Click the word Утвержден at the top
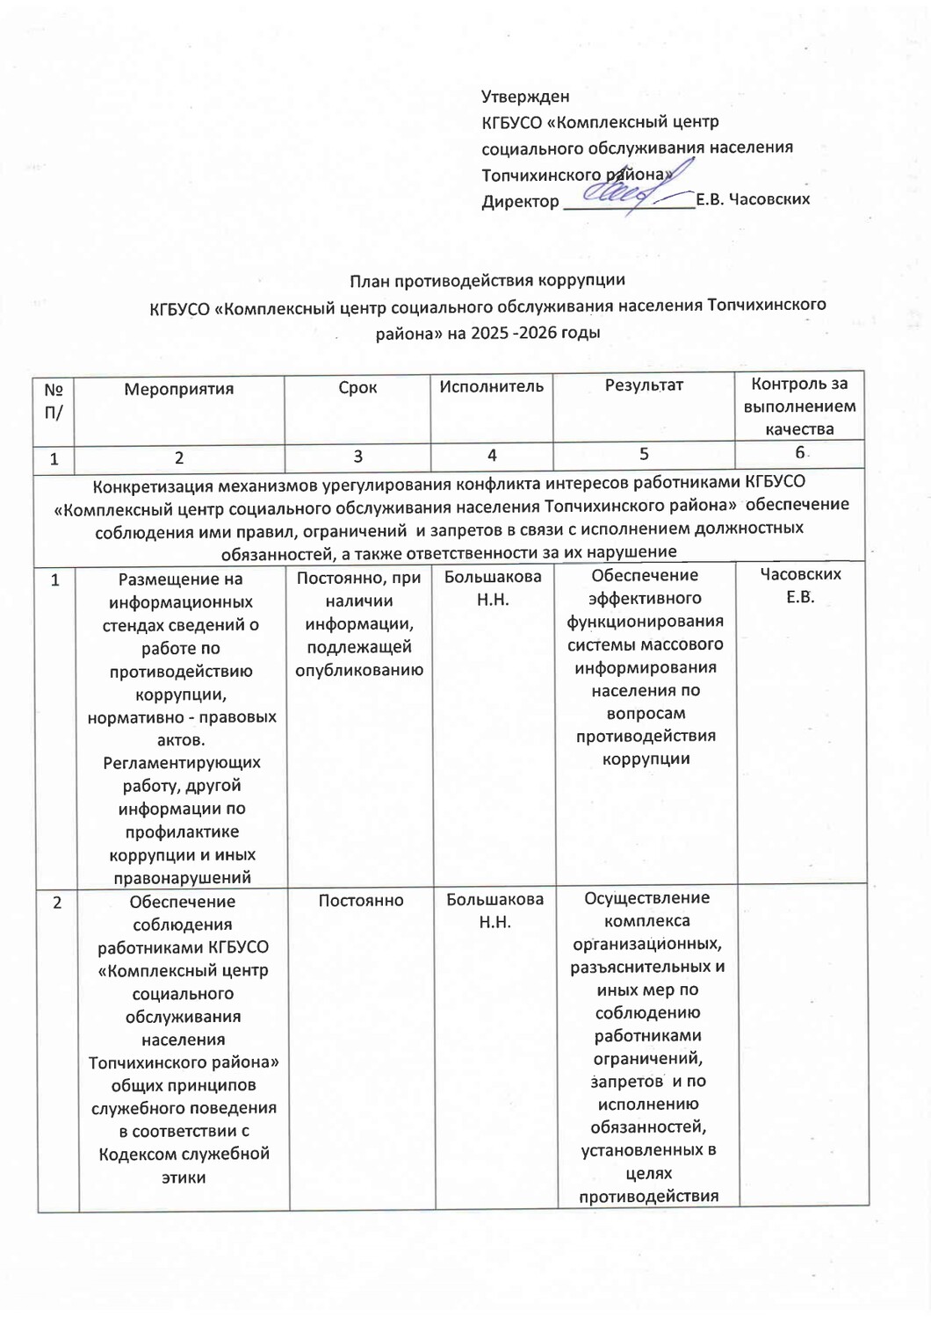pos(525,97)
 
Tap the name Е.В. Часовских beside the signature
pos(753,199)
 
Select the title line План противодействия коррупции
pos(487,281)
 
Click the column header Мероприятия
pos(179,389)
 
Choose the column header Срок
pos(357,387)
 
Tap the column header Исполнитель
pos(491,386)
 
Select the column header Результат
pos(644,385)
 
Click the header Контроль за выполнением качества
pos(799,407)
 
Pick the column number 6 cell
pos(800,453)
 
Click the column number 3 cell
pos(357,457)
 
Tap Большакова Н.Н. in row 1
pos(493,588)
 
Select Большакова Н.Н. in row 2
pos(495,910)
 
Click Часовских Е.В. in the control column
pos(800,586)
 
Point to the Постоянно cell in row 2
pos(361,901)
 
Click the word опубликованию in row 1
pos(359,671)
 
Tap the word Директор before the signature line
pos(520,201)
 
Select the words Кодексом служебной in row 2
pos(184,1154)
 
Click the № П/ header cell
pos(54,400)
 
